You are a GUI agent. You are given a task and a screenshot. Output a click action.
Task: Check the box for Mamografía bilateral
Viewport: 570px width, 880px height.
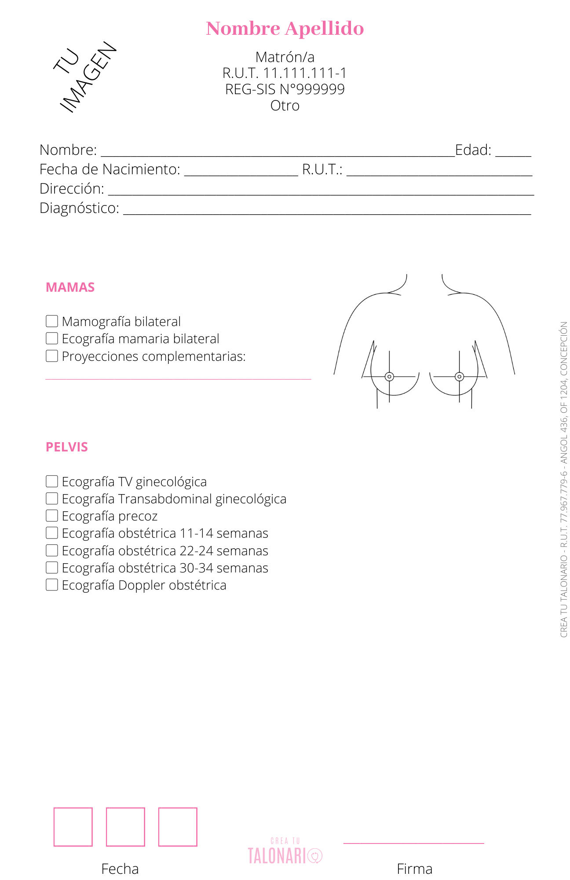pos(52,321)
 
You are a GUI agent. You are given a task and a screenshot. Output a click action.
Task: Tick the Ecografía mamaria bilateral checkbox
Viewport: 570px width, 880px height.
pos(52,338)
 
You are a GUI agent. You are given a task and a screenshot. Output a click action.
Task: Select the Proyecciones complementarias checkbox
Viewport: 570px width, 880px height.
pos(52,356)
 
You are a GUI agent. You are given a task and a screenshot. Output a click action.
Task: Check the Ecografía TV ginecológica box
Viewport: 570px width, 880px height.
pos(52,481)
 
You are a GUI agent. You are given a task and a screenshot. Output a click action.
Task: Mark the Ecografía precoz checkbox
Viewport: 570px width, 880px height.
pos(52,516)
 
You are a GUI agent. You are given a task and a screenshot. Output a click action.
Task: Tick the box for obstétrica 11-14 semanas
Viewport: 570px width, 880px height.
pos(52,533)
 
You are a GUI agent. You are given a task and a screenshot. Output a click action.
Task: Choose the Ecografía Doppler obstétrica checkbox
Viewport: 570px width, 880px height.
pos(52,585)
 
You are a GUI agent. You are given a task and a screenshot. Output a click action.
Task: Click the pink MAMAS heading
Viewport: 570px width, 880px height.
pos(70,287)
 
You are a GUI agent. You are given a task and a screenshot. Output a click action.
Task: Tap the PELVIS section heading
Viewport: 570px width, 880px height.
pos(67,447)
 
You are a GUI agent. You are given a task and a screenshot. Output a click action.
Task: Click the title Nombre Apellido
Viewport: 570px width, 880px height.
pos(285,29)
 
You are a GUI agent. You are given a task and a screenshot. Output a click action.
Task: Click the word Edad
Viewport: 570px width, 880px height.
pos(473,150)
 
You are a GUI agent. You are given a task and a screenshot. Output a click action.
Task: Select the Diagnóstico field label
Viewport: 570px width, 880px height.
pos(79,208)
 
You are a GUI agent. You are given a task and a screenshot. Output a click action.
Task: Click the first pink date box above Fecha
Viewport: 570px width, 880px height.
pos(73,827)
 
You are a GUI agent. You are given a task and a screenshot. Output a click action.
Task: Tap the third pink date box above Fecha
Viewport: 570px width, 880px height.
pos(178,827)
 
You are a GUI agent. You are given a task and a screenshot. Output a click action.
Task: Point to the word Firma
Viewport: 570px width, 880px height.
pos(414,869)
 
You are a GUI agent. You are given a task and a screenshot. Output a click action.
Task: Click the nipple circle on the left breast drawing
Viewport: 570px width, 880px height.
pos(389,377)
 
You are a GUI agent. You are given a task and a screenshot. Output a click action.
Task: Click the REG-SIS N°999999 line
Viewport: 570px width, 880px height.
pos(285,89)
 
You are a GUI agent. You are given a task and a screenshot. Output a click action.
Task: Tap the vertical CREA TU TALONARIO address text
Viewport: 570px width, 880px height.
pos(564,480)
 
